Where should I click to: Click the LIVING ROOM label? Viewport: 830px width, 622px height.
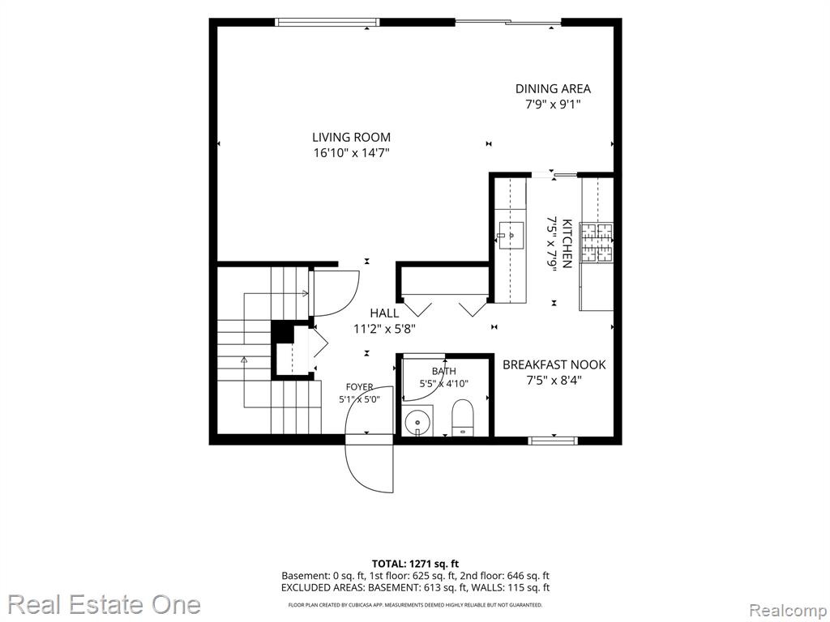click(351, 138)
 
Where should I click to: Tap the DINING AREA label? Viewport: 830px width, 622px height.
click(553, 89)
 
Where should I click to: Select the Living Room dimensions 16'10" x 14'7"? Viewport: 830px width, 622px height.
click(351, 153)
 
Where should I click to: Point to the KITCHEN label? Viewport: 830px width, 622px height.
click(567, 244)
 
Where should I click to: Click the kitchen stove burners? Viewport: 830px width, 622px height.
click(597, 242)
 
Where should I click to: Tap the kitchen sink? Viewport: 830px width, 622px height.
click(511, 236)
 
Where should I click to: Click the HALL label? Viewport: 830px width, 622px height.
click(384, 313)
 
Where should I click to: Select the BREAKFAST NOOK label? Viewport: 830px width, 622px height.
click(554, 365)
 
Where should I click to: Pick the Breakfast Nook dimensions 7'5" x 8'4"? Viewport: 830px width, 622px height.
click(554, 381)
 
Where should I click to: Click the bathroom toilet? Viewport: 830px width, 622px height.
click(463, 418)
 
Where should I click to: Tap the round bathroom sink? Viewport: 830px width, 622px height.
click(418, 422)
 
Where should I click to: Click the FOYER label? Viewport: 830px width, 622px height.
click(359, 387)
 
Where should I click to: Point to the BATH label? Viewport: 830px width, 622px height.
click(443, 371)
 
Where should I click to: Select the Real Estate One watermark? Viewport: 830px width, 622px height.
click(105, 604)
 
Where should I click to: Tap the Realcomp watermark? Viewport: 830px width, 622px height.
click(788, 611)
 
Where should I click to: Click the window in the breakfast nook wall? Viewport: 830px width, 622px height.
click(553, 440)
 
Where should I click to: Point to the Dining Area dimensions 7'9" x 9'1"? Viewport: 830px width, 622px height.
click(553, 104)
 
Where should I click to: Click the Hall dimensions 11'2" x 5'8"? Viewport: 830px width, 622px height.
click(384, 329)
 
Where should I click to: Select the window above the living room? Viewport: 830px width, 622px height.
click(327, 22)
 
